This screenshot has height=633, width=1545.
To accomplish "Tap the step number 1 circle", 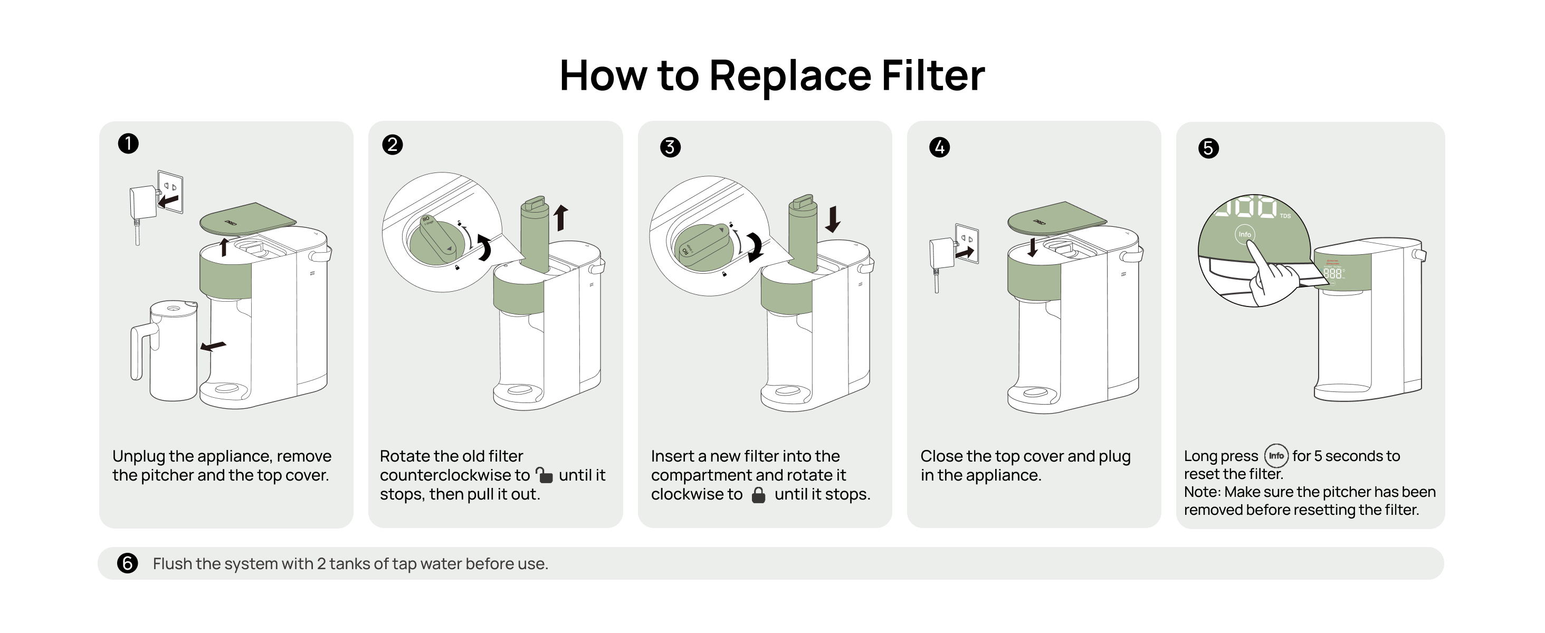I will (128, 144).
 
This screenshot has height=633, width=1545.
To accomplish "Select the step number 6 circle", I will (127, 563).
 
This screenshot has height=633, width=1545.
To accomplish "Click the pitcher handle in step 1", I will (139, 351).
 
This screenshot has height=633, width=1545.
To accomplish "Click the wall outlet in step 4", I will (967, 242).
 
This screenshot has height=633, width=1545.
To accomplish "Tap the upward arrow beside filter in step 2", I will (561, 217).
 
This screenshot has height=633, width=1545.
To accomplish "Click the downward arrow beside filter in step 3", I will (833, 219).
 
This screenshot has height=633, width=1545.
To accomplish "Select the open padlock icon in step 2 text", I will (544, 475).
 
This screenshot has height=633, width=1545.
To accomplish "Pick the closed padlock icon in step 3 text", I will (759, 495).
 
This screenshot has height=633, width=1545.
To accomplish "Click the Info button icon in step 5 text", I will (1276, 456).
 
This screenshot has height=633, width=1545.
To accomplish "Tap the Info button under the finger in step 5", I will (1245, 234).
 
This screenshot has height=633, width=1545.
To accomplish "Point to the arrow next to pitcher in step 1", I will (213, 347).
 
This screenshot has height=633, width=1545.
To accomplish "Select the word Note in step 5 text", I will (1201, 492).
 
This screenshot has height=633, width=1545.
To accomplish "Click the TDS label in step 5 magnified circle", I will (1285, 216).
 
